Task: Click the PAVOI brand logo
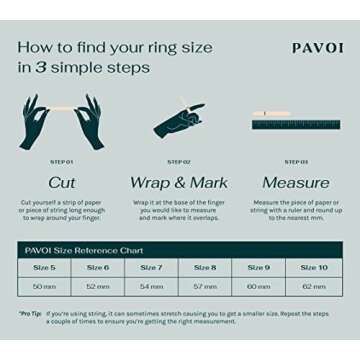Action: coord(317,47)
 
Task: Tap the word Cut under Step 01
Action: coord(62,183)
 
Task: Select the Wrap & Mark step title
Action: coord(179,183)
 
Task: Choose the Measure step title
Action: coord(295,183)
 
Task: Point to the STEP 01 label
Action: coord(62,161)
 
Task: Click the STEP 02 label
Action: coord(179,161)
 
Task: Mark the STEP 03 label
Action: coord(295,161)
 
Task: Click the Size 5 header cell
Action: coord(44,268)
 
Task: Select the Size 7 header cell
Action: coord(151,268)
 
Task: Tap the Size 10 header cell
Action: coord(313,268)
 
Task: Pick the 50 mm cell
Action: coord(44,286)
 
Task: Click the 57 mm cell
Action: coord(205,286)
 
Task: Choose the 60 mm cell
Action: coord(259,286)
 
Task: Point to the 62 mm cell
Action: coord(313,286)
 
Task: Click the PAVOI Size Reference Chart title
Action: coord(85,250)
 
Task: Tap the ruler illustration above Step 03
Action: coord(295,124)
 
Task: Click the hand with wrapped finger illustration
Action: coord(179,120)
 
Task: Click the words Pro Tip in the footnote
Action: coord(30,314)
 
